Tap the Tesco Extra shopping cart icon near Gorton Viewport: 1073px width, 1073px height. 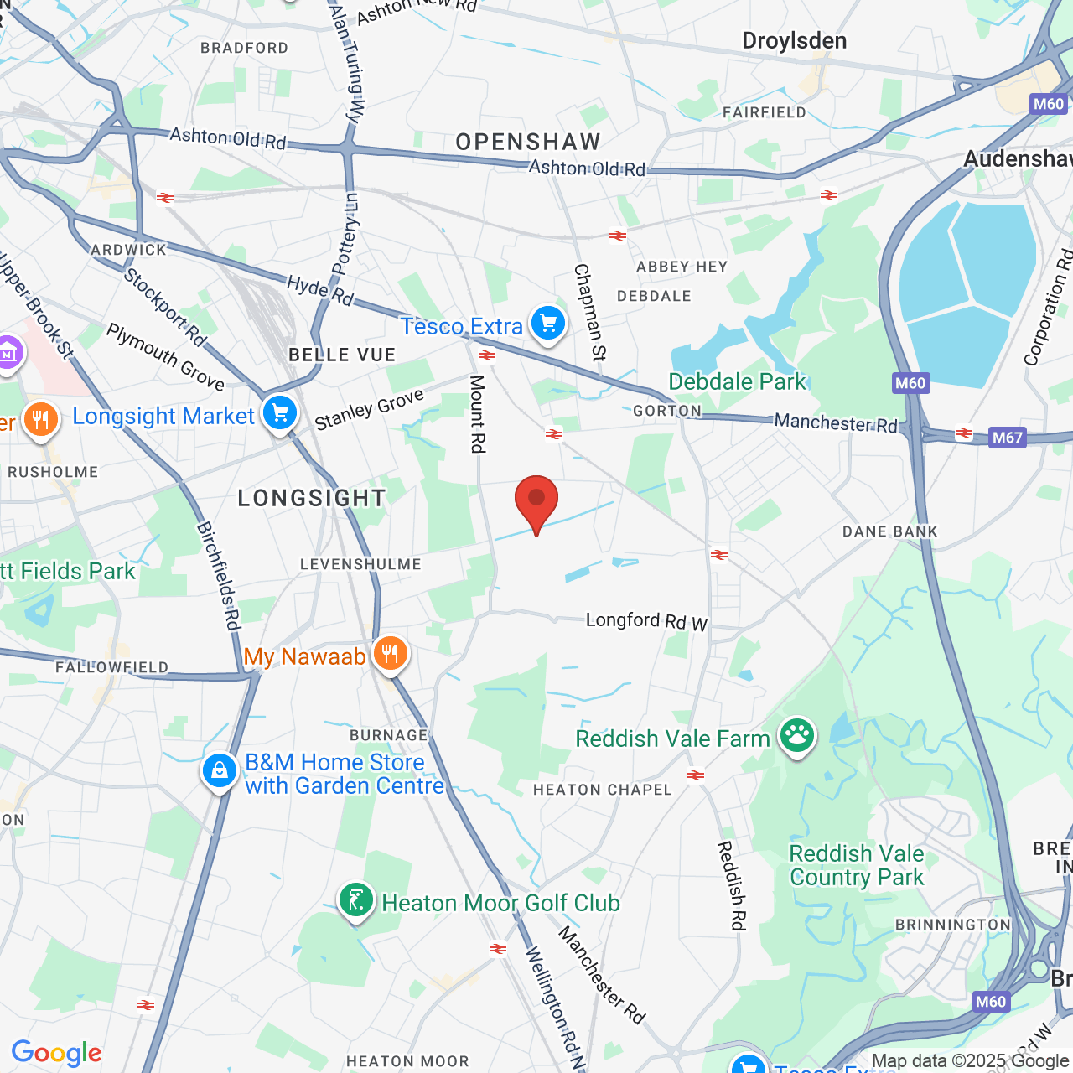pyautogui.click(x=548, y=323)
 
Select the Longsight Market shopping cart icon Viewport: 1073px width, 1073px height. pyautogui.click(x=280, y=413)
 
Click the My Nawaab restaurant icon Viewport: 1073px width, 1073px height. pyautogui.click(x=390, y=653)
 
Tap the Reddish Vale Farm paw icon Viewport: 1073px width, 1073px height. pyautogui.click(x=797, y=736)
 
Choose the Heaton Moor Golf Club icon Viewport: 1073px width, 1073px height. pyautogui.click(x=356, y=900)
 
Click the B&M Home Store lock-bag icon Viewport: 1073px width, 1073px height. pyautogui.click(x=220, y=770)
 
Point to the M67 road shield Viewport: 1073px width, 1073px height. pyautogui.click(x=1007, y=437)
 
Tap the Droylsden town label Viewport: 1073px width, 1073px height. pyautogui.click(x=794, y=40)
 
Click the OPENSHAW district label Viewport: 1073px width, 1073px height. pyautogui.click(x=528, y=142)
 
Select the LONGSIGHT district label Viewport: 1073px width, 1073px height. pyautogui.click(x=312, y=498)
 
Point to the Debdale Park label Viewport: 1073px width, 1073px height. pyautogui.click(x=737, y=381)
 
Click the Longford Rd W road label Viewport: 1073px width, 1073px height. pyautogui.click(x=646, y=621)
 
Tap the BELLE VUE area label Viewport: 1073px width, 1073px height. pyautogui.click(x=342, y=355)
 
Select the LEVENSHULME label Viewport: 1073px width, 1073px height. pyautogui.click(x=360, y=564)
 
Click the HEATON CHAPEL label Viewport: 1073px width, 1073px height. pyautogui.click(x=603, y=790)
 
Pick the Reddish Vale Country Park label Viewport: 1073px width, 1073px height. pyautogui.click(x=857, y=865)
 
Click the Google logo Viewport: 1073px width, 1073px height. pyautogui.click(x=57, y=1053)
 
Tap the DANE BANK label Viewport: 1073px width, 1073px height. pyautogui.click(x=890, y=531)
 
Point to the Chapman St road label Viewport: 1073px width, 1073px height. pyautogui.click(x=589, y=312)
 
